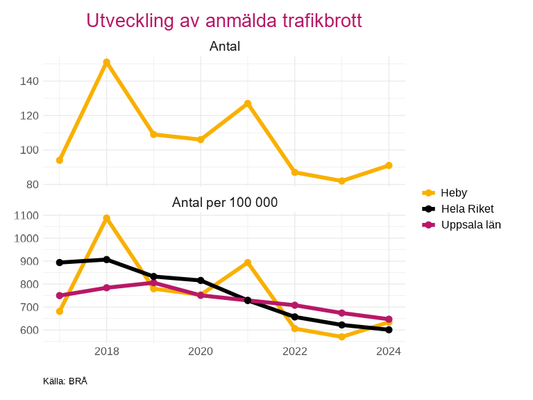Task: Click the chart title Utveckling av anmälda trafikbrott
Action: (224, 21)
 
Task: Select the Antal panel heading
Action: (224, 47)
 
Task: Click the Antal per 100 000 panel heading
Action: (224, 203)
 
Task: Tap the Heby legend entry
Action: (454, 193)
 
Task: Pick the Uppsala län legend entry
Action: (471, 225)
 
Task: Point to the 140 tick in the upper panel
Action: (29, 81)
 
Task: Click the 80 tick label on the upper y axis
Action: (32, 185)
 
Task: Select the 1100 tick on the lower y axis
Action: (26, 216)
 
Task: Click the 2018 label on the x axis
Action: (106, 351)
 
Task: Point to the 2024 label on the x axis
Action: (389, 351)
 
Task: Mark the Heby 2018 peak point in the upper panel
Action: (106, 62)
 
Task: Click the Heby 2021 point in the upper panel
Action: (248, 103)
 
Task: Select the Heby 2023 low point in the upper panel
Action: (341, 181)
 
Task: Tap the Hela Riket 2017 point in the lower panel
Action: (60, 262)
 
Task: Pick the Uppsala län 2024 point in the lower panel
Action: (389, 319)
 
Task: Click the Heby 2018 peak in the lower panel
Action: (106, 218)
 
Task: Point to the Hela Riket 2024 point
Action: (389, 330)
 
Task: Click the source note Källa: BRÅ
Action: (65, 381)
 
